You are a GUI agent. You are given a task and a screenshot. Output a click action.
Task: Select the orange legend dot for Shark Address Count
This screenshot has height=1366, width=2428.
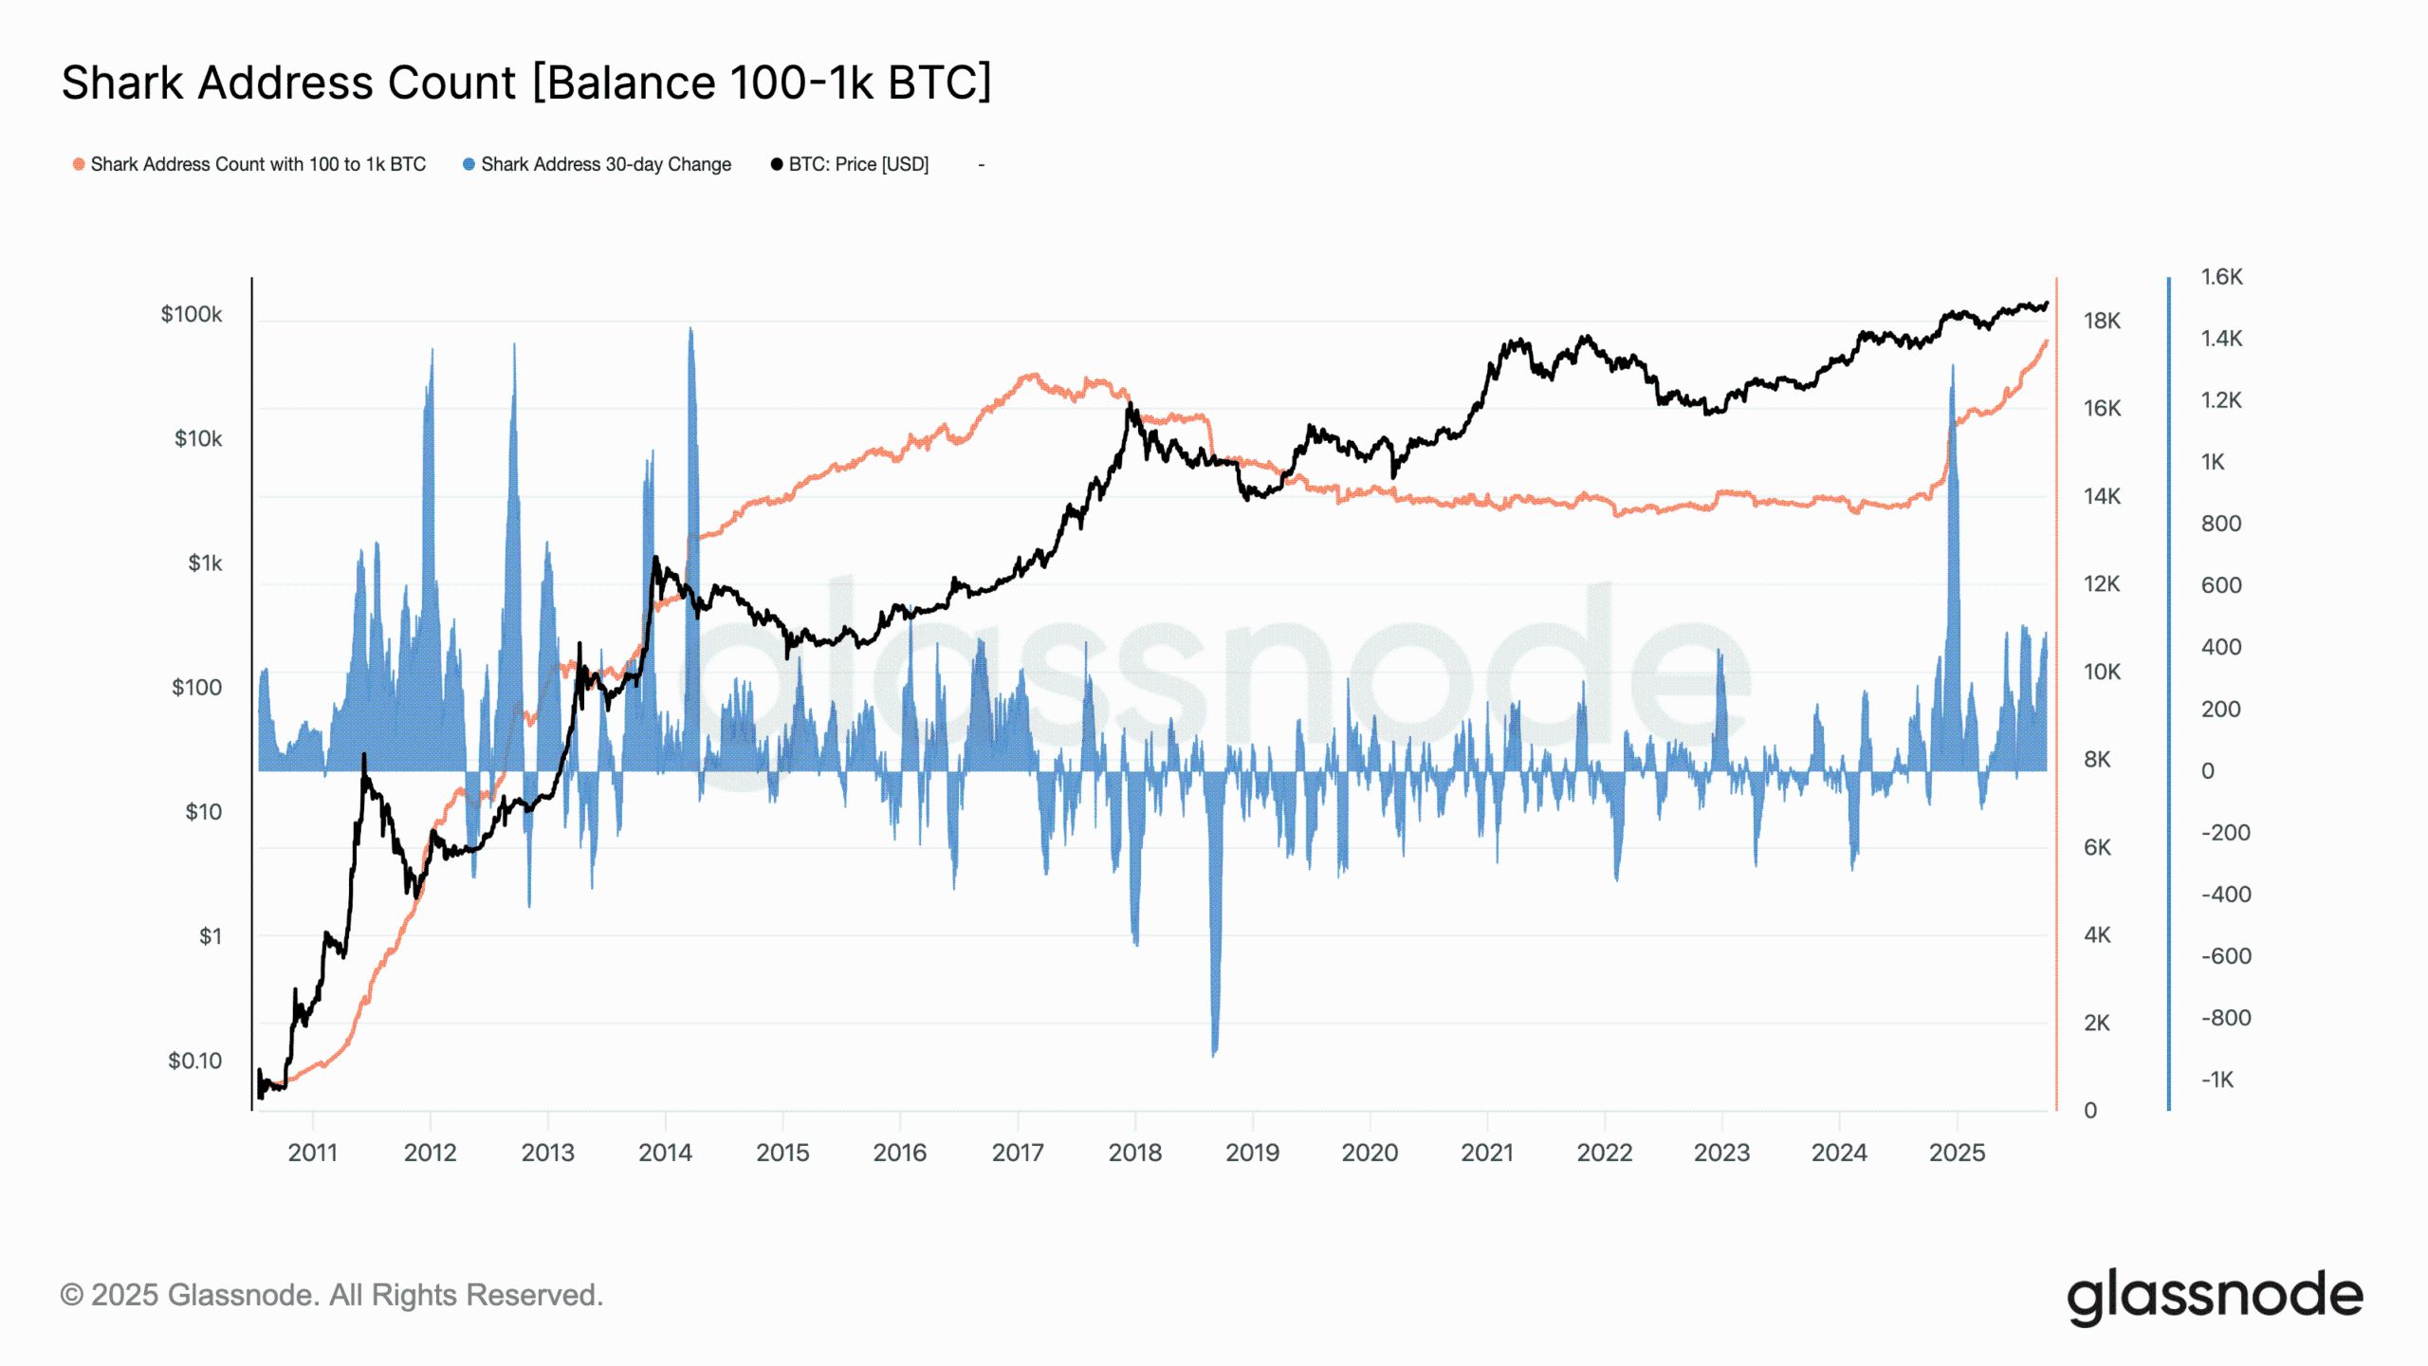point(79,164)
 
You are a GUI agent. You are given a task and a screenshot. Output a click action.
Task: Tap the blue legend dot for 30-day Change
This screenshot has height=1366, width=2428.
point(469,164)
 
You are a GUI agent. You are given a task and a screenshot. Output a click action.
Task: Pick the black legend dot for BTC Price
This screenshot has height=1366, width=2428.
point(777,164)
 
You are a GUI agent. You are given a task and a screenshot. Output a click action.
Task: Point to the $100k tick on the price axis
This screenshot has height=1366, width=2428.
point(192,314)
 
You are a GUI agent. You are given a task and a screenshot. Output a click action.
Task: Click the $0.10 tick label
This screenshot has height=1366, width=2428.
point(194,1061)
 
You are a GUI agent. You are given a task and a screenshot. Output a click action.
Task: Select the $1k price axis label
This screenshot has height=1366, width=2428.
point(205,563)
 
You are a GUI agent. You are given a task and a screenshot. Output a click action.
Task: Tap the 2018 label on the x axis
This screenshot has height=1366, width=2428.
point(1134,1153)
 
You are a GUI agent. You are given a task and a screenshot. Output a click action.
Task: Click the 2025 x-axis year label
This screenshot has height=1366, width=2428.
point(1957,1153)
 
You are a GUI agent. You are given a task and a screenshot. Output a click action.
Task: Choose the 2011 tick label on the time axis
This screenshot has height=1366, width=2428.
point(312,1153)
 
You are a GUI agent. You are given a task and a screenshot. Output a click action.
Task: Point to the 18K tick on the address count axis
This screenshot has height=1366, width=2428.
point(2102,322)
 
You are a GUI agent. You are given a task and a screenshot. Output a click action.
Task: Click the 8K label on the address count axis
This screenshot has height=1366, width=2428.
point(2097,760)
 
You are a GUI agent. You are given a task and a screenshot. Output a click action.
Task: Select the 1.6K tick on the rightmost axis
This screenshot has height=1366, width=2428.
point(2221,277)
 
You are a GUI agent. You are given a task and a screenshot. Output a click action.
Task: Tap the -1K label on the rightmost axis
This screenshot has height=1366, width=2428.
point(2217,1080)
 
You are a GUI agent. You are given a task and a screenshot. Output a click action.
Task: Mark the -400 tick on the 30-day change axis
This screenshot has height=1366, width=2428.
point(2225,895)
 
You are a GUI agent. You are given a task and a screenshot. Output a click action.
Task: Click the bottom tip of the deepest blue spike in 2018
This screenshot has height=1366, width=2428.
point(1214,1055)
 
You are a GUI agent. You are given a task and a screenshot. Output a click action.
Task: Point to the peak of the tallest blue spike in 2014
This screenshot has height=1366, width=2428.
point(690,329)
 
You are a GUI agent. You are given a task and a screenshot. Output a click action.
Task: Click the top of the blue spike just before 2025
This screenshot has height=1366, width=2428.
point(1952,366)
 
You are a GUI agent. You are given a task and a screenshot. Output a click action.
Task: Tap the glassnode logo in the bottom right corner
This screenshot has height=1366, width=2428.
point(2214,1297)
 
